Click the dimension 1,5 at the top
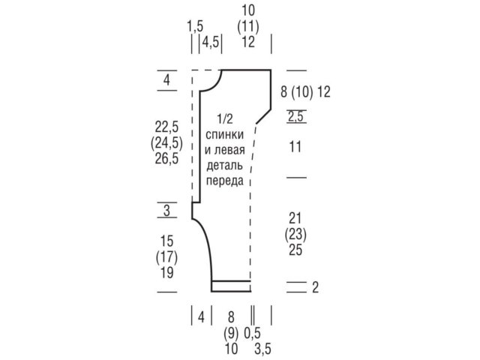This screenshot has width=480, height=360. [195, 26]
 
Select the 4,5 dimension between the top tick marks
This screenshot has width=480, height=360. [211, 42]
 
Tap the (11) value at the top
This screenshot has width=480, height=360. [248, 26]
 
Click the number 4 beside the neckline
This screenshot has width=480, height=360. [166, 80]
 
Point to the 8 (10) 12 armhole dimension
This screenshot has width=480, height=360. [305, 91]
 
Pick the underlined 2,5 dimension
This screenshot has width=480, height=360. [295, 116]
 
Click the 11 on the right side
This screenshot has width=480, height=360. [295, 147]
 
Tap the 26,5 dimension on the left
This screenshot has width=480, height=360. [166, 158]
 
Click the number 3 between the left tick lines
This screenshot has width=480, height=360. [166, 210]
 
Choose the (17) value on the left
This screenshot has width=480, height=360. [166, 257]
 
